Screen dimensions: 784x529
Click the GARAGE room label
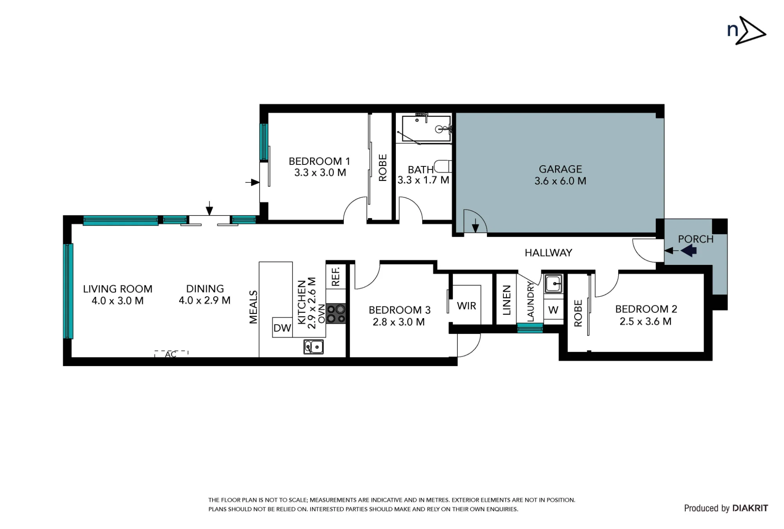(560, 169)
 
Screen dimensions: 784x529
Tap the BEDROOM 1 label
(319, 161)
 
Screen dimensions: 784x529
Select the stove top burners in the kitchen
(336, 314)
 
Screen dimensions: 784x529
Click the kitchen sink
(314, 347)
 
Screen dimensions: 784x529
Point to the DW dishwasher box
(282, 328)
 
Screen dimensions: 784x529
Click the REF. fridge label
(336, 277)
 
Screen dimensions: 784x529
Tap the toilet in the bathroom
(443, 166)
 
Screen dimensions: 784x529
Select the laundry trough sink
(553, 283)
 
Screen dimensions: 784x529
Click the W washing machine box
(553, 310)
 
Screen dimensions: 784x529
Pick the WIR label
(466, 306)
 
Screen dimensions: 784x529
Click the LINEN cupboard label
(506, 300)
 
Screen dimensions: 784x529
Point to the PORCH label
(696, 239)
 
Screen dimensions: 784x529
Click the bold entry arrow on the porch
(689, 250)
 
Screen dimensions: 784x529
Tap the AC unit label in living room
(171, 354)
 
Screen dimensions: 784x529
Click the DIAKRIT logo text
(750, 508)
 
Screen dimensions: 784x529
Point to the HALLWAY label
(548, 253)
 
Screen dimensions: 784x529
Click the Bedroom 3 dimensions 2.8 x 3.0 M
(399, 322)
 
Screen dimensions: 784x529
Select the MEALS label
(253, 307)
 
